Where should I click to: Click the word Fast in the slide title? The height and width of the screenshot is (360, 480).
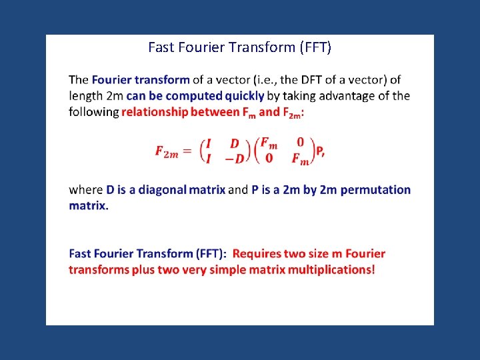[160, 47]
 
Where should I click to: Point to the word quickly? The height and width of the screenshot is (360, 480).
[243, 96]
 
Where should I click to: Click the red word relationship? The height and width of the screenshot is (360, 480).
[155, 112]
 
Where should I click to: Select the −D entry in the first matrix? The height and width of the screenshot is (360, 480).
[235, 159]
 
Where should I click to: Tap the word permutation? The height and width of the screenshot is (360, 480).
[378, 190]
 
